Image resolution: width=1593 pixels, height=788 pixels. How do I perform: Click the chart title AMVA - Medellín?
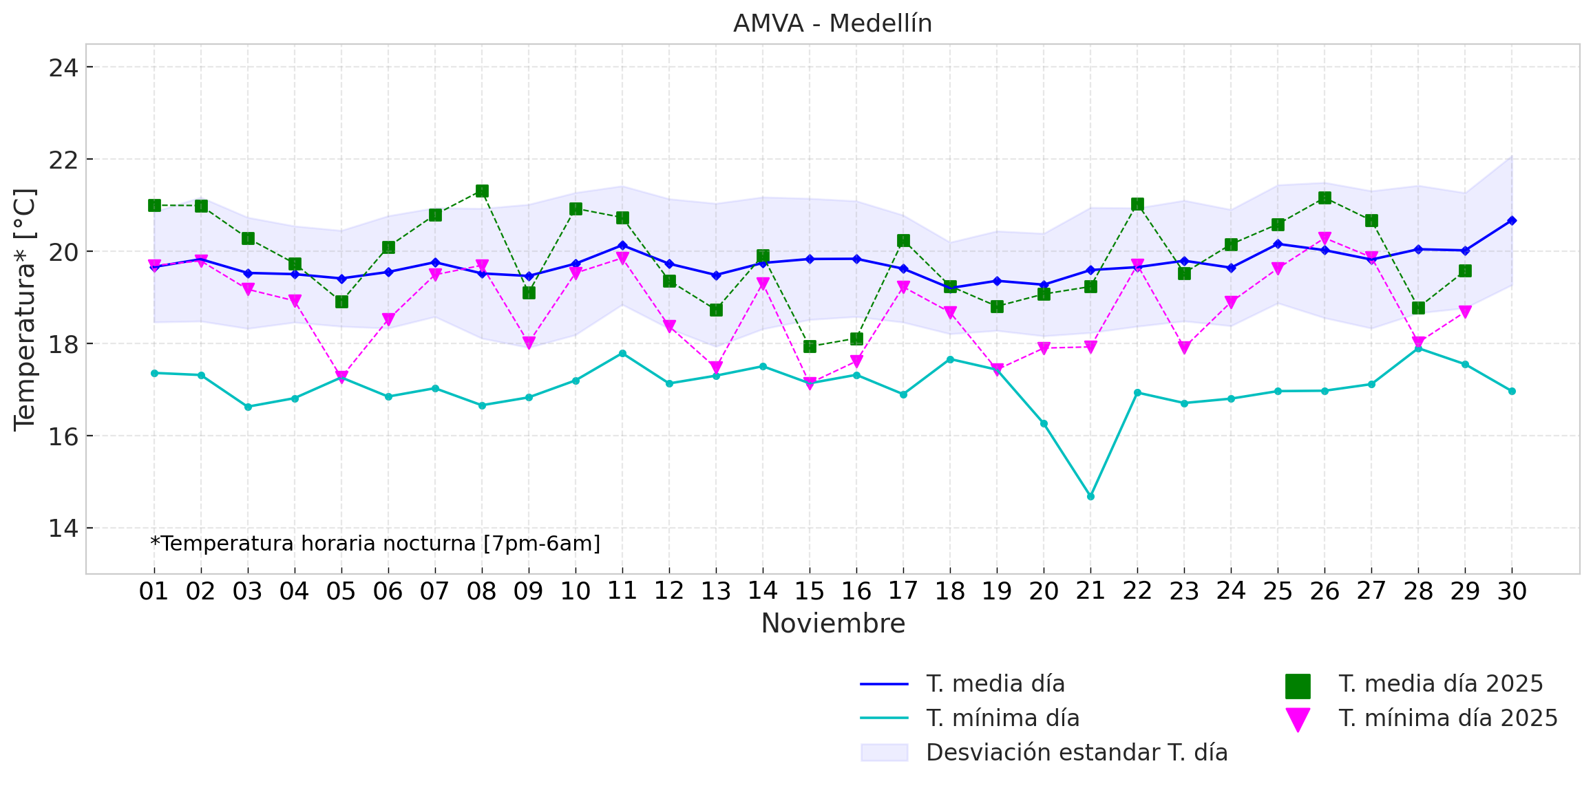(x=832, y=23)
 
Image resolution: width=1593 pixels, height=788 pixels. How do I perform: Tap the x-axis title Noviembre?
(x=833, y=624)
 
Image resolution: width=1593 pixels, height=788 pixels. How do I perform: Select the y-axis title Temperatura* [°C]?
(x=25, y=309)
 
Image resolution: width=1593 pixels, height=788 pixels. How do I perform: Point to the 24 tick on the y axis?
(x=63, y=68)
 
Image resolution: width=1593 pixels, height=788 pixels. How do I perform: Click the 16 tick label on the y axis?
(x=63, y=436)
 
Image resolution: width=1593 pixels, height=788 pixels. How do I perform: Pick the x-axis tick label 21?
(x=1090, y=591)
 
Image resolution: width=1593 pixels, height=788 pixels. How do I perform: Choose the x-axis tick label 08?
(x=481, y=591)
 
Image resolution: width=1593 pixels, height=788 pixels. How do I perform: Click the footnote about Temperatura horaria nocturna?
(x=375, y=544)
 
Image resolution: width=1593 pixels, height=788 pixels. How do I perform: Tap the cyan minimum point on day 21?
(x=1090, y=496)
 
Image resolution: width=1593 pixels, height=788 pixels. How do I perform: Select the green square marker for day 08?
(x=482, y=191)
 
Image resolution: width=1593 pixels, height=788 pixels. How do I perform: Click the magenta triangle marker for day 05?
(x=341, y=376)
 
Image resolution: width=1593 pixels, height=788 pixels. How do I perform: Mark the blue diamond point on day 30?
(x=1512, y=220)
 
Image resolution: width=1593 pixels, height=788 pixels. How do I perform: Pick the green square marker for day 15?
(x=810, y=346)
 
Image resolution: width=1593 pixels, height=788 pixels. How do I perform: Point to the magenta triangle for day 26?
(x=1325, y=239)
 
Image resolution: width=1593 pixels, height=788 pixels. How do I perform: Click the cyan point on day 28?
(x=1418, y=348)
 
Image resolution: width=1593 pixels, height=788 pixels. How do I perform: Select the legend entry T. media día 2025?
(x=1440, y=684)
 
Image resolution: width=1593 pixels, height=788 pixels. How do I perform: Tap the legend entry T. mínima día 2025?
(x=1448, y=718)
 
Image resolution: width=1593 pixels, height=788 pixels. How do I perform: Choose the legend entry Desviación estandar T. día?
(x=1077, y=753)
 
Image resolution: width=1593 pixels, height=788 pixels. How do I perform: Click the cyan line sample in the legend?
(x=884, y=718)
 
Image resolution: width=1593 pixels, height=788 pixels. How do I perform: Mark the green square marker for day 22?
(x=1137, y=204)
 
